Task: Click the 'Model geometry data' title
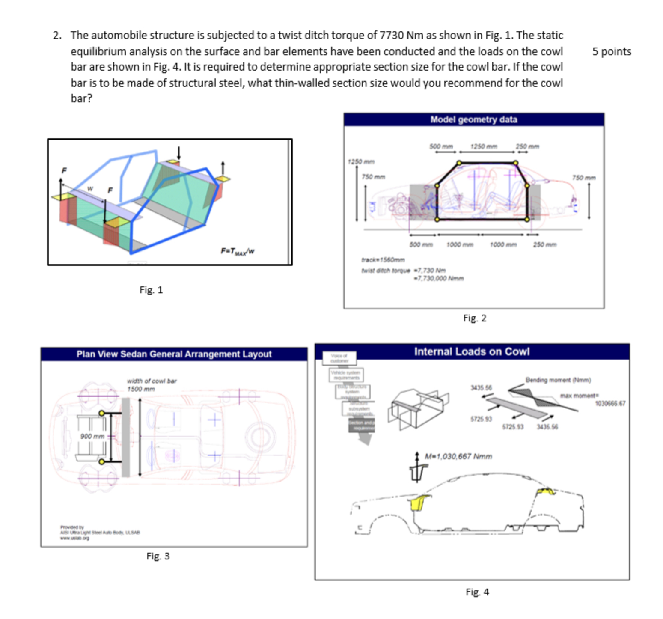[473, 120]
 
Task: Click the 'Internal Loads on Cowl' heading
[472, 352]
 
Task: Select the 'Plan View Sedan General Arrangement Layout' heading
[174, 354]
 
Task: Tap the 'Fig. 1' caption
[151, 290]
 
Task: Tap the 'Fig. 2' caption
[475, 318]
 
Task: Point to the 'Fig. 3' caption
[158, 557]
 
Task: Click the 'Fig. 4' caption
[477, 592]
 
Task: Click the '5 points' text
[611, 52]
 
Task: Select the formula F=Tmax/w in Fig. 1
[238, 251]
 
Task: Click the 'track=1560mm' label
[383, 260]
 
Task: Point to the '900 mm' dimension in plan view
[92, 436]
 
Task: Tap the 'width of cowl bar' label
[152, 381]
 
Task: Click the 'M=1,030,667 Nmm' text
[458, 457]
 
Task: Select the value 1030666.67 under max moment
[610, 403]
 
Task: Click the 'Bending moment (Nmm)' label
[558, 380]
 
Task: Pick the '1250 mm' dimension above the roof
[484, 146]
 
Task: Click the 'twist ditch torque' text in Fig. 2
[386, 271]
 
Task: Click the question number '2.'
[57, 36]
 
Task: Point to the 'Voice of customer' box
[339, 358]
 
